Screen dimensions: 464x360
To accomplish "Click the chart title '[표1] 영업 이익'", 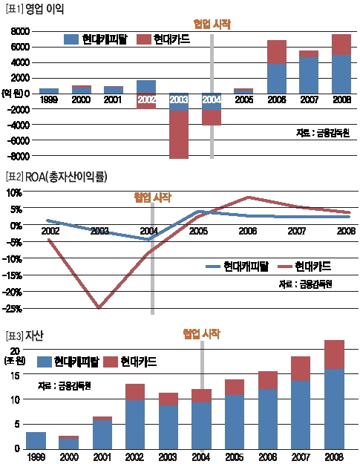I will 35,10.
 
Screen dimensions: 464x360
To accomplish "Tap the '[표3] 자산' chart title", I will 25,336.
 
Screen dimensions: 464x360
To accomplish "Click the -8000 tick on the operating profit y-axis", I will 19,157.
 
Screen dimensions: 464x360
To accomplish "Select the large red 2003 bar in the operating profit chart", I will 179,134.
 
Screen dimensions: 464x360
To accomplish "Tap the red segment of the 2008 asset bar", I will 334,354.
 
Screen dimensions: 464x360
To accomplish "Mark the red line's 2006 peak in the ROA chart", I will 249,197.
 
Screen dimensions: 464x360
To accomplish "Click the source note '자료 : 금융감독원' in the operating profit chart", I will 321,134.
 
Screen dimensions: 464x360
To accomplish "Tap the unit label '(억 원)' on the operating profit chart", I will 18,92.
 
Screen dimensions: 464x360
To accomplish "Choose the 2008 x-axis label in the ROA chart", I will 346,232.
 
